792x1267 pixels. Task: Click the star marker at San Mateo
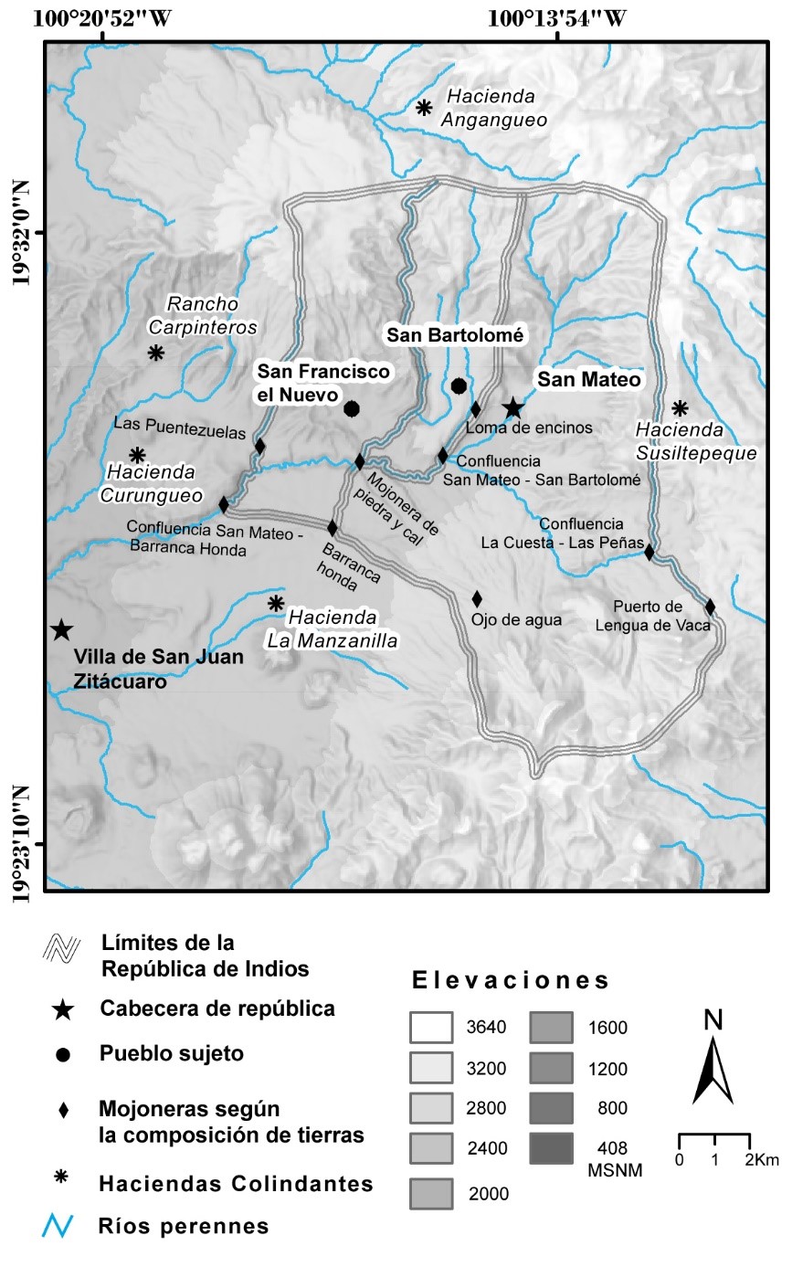point(513,407)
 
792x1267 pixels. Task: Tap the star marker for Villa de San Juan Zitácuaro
point(61,630)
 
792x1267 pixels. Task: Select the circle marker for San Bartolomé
point(459,386)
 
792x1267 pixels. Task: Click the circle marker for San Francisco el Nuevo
point(351,408)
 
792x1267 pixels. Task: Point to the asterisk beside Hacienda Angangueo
point(424,108)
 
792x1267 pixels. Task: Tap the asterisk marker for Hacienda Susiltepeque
point(680,408)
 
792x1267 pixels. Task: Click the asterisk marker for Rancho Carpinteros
point(156,353)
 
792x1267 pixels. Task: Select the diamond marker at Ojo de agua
point(477,599)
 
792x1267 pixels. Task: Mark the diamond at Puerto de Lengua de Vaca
point(710,607)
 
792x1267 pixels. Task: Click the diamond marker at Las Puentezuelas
point(260,447)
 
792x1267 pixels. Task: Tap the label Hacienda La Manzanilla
point(333,630)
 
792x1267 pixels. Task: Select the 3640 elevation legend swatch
point(431,1028)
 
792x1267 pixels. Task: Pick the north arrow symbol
point(713,1060)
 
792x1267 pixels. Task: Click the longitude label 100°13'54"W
point(558,18)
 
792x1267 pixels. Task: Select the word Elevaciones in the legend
point(511,982)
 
